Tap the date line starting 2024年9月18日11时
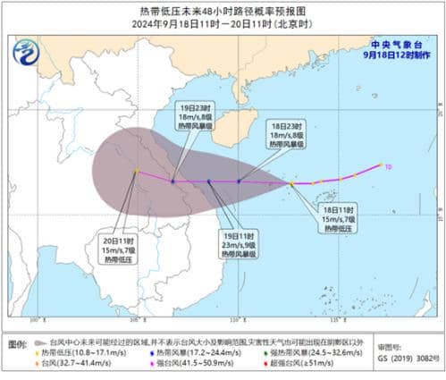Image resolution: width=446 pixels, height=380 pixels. [223, 24]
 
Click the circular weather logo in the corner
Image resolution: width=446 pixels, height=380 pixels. [29, 55]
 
